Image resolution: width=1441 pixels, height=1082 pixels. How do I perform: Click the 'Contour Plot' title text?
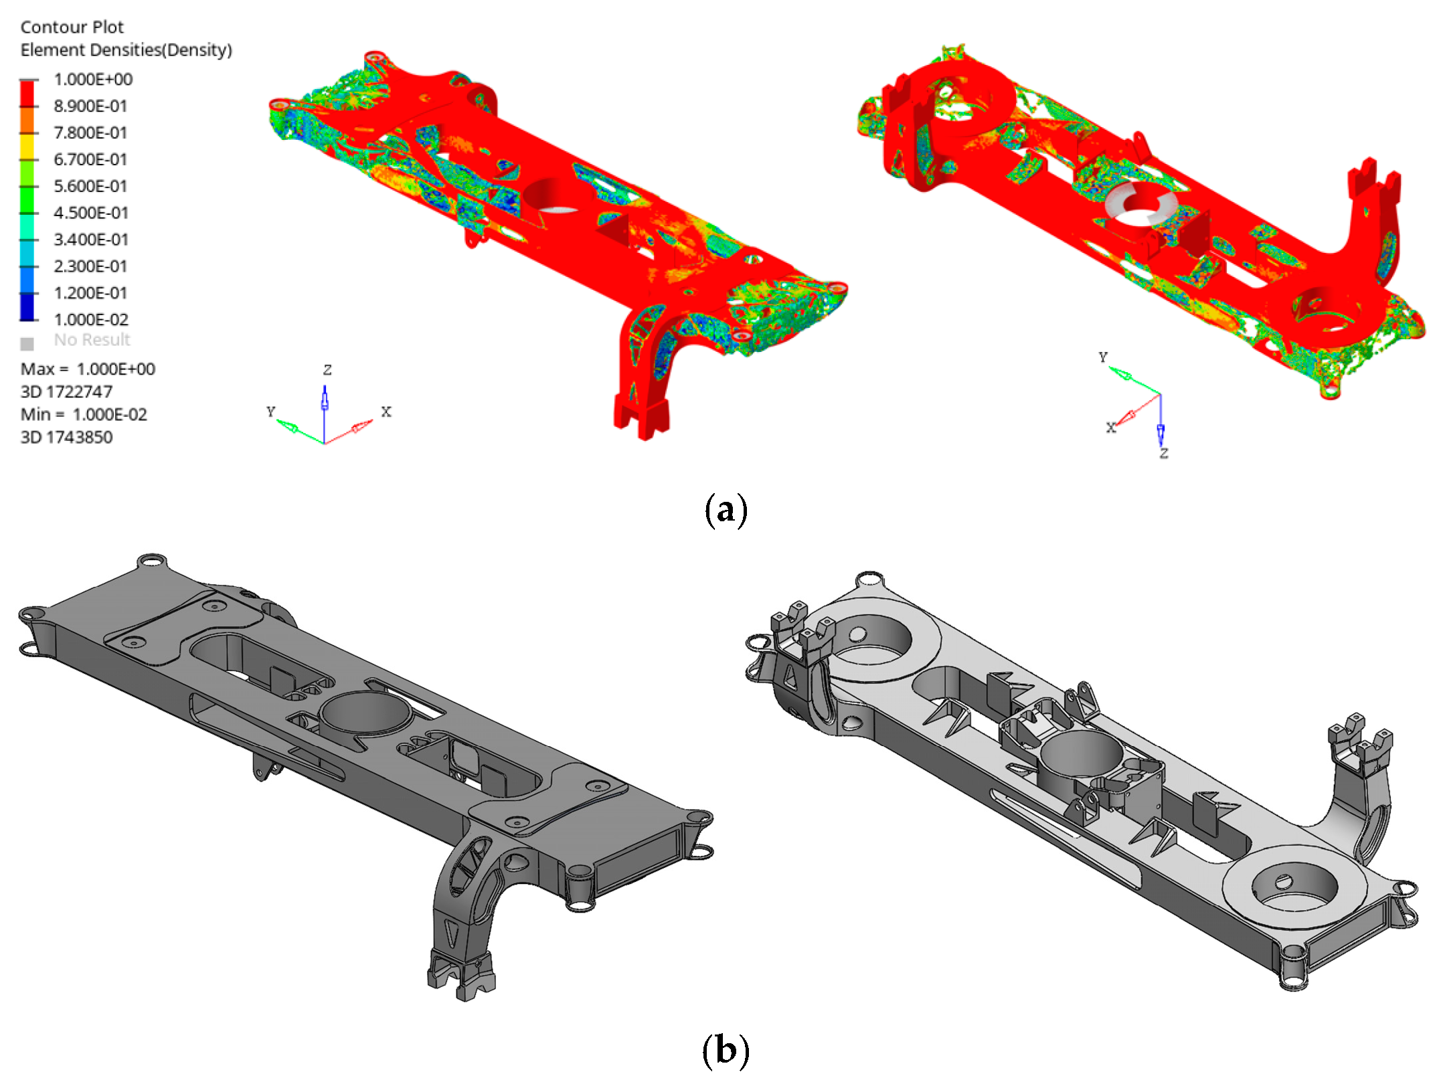coord(72,27)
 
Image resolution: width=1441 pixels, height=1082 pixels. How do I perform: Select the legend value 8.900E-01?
coord(90,106)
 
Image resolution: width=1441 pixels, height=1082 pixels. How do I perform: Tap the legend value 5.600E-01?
coord(90,186)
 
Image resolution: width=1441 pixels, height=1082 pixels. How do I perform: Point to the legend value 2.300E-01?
coord(90,266)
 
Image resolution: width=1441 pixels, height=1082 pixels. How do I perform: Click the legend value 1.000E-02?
coord(91,320)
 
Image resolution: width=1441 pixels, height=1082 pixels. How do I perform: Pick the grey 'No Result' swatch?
coord(27,344)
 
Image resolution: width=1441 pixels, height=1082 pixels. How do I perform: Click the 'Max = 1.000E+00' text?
coord(88,369)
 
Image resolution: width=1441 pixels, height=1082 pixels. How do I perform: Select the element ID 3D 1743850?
coord(67,438)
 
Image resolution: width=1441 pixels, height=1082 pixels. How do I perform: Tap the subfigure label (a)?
coord(726,511)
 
